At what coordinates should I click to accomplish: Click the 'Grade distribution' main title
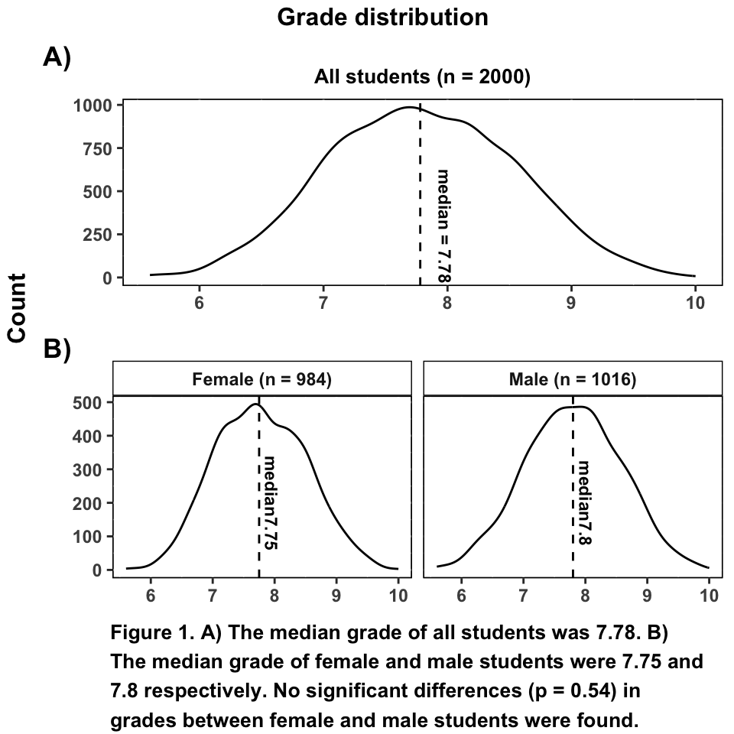click(382, 17)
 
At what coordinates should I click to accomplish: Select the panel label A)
click(57, 57)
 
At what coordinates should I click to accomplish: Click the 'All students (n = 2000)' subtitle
click(422, 77)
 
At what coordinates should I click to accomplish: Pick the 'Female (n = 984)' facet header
click(261, 379)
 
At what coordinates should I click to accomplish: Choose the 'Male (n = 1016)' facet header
click(573, 379)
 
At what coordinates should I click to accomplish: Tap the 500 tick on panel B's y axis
click(97, 402)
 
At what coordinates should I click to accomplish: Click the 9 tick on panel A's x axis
click(571, 301)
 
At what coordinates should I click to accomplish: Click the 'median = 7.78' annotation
click(443, 226)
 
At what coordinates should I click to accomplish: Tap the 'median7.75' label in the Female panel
click(269, 502)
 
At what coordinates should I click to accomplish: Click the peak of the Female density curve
click(255, 404)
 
